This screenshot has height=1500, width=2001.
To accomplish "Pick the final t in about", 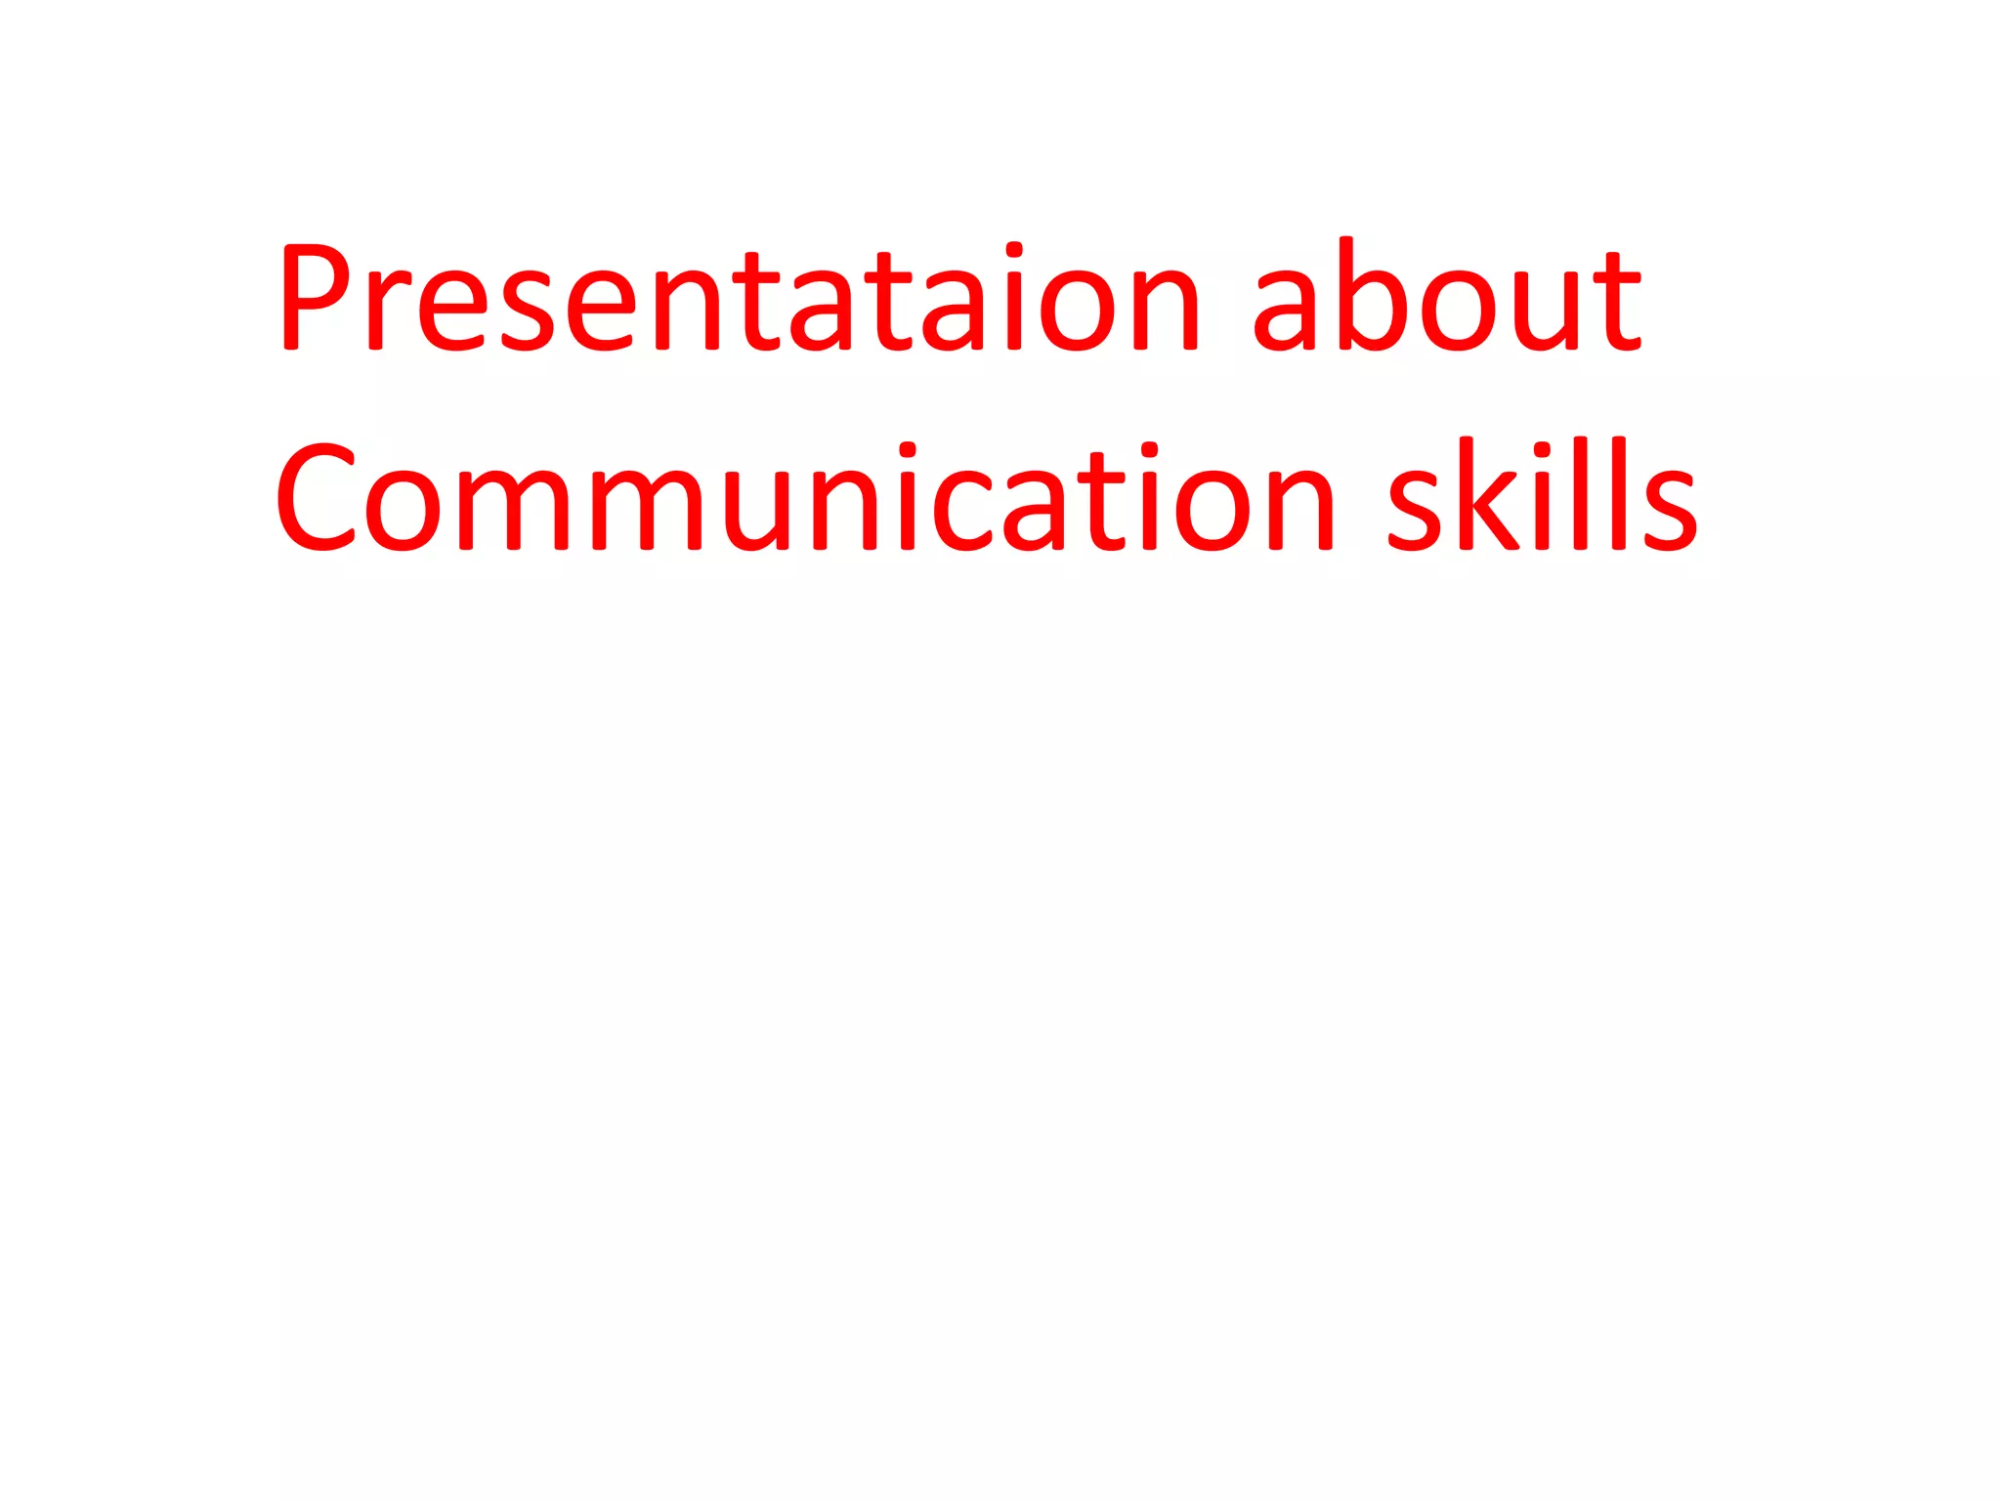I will pyautogui.click(x=1617, y=298).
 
